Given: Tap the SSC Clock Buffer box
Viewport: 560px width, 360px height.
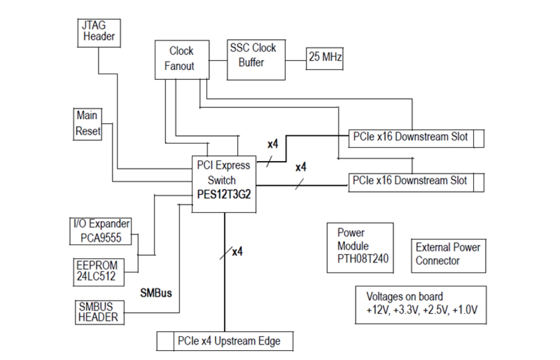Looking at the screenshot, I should tap(255, 59).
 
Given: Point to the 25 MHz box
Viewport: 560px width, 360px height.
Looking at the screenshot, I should tap(324, 58).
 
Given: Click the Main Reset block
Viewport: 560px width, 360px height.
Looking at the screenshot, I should tap(87, 124).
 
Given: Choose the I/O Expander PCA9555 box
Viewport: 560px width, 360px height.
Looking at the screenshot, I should tap(101, 231).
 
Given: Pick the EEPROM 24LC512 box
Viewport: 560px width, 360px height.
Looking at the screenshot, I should tap(99, 270).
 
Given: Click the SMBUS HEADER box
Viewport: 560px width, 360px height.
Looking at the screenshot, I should tap(99, 312).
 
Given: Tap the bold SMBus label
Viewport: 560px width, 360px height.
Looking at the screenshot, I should tap(156, 293).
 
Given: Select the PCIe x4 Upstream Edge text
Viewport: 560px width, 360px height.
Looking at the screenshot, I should tap(229, 341).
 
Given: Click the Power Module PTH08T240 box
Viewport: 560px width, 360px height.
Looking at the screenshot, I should tap(360, 248).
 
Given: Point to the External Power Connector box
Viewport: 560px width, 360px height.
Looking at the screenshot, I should tap(448, 254).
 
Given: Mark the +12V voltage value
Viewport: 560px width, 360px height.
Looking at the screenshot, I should tap(376, 309).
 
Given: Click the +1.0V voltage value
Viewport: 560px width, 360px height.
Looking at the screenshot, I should tap(465, 309).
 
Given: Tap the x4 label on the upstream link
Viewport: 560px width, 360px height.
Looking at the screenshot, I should tap(237, 252).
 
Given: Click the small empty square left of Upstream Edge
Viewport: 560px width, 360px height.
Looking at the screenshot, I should tap(165, 341).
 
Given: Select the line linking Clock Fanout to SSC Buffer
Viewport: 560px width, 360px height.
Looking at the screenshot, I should tap(217, 60).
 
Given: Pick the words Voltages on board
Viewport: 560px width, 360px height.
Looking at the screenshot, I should tap(404, 297).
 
